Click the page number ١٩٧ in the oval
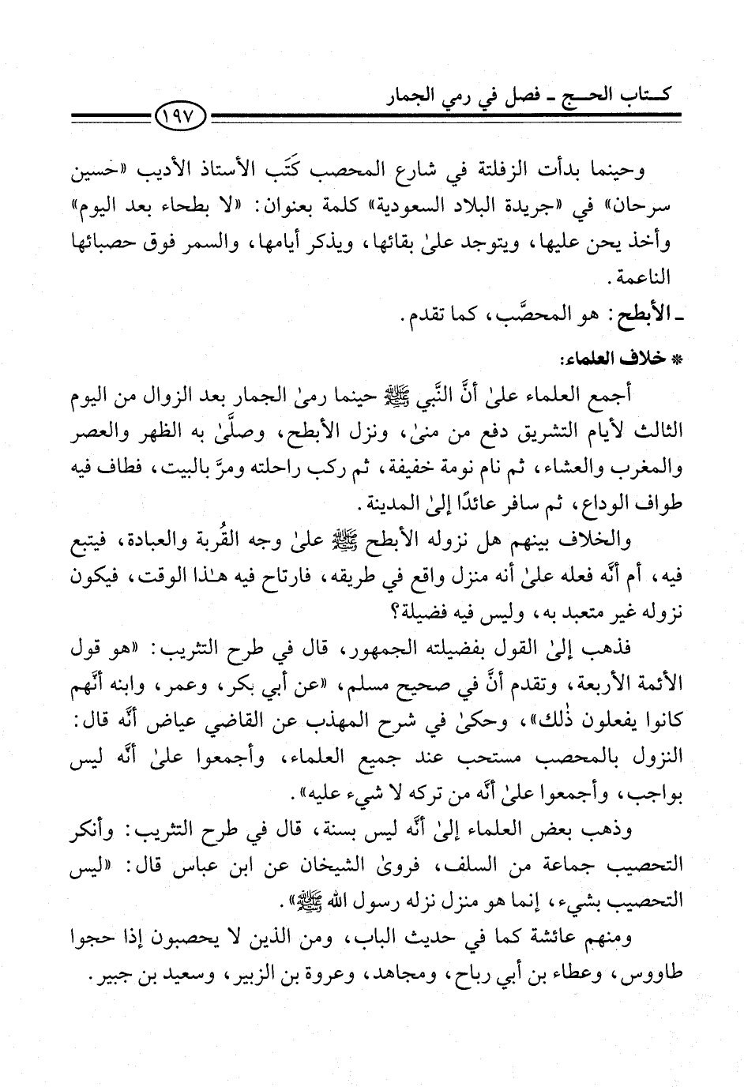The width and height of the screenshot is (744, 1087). (181, 118)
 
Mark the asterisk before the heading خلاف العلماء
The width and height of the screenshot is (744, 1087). (674, 353)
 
